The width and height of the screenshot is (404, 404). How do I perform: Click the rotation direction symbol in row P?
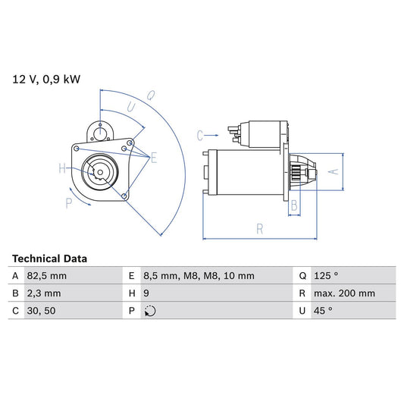pos(150,311)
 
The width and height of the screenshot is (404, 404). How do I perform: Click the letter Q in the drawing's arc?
pos(151,95)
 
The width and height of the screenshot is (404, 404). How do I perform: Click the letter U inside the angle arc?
pos(131,108)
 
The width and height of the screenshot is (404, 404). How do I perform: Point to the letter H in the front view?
pos(62,168)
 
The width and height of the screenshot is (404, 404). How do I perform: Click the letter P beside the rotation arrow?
pos(68,202)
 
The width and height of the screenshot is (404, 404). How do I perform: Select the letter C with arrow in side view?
pos(200,136)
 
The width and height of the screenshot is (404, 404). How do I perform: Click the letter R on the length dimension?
pos(259,227)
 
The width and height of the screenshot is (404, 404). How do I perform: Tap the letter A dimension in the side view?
pos(330,172)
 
